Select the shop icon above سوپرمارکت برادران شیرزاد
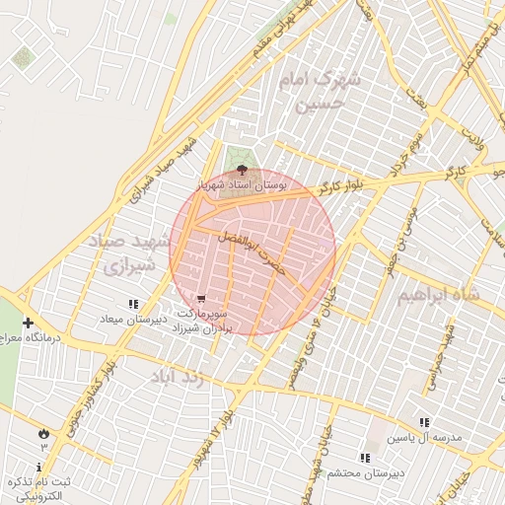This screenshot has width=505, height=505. pos(201,297)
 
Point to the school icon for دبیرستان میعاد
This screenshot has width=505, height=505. pos(133,304)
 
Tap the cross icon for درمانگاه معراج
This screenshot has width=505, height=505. pos(28,323)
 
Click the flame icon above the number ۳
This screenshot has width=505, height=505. pos(43,433)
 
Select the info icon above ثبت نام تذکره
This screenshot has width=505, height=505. pos(39,467)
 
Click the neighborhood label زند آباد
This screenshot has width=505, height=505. pos(179,377)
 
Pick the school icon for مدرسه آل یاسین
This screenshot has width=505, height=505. pos(424,421)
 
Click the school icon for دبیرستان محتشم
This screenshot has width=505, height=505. pos(365,458)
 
